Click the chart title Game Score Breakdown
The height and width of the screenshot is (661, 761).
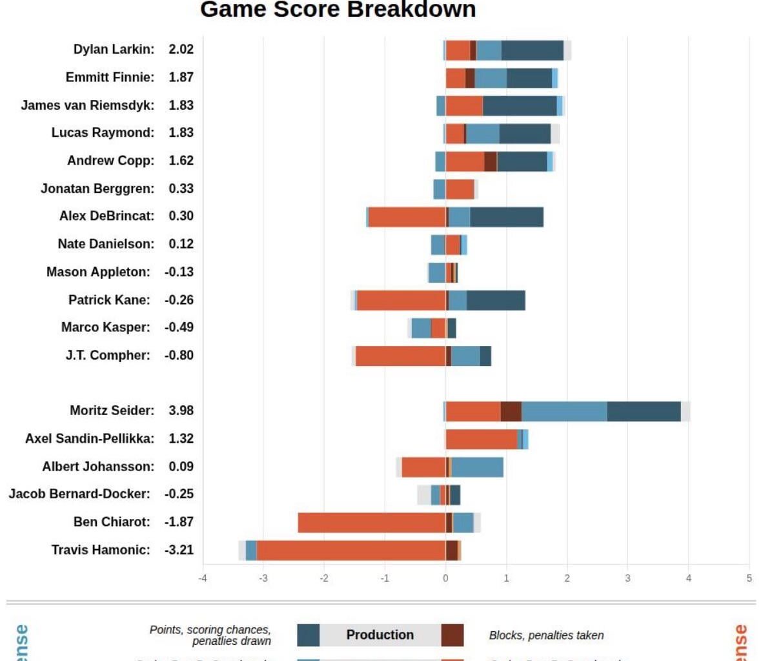[338, 10]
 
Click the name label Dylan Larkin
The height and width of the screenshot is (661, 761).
[114, 50]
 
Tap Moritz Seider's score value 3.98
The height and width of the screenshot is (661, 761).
[181, 411]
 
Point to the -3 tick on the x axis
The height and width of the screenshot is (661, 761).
[263, 578]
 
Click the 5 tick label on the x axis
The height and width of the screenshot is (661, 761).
[749, 578]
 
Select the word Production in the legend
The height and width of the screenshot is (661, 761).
[380, 635]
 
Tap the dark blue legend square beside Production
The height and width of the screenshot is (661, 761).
[309, 635]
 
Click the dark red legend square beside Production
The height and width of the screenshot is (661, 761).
[452, 635]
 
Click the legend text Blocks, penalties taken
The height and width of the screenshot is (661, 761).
[546, 635]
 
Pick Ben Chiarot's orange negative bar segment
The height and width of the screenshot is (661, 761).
[372, 522]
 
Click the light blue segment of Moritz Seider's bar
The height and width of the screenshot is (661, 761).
[563, 411]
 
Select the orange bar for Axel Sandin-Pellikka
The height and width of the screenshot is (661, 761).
[481, 439]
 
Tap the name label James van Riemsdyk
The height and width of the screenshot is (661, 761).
[87, 105]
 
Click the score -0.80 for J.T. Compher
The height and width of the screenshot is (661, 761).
[179, 355]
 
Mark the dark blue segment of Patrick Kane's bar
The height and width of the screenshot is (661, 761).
[495, 300]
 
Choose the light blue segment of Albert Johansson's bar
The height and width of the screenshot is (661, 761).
[477, 467]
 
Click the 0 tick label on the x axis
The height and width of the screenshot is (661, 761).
[445, 578]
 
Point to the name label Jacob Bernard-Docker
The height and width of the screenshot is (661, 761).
[79, 494]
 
